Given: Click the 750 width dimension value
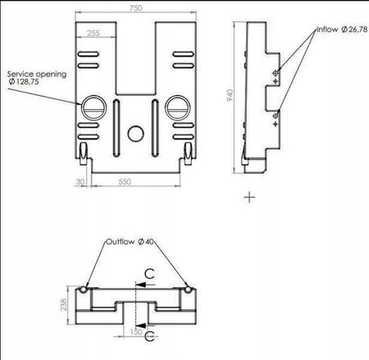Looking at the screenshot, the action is point(136,8).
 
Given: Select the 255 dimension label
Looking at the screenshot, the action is point(93,33).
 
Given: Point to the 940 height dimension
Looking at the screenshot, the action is point(230,95).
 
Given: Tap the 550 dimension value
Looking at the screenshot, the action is point(125,182).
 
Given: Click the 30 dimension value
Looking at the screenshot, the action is point(80,182).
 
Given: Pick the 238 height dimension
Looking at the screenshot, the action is point(63,304).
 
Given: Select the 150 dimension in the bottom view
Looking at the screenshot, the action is point(136,332).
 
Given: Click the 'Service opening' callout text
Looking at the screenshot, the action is point(37,74).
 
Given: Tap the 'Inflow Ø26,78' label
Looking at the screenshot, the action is point(342,30).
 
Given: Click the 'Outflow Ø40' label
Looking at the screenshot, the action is point(130,242).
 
